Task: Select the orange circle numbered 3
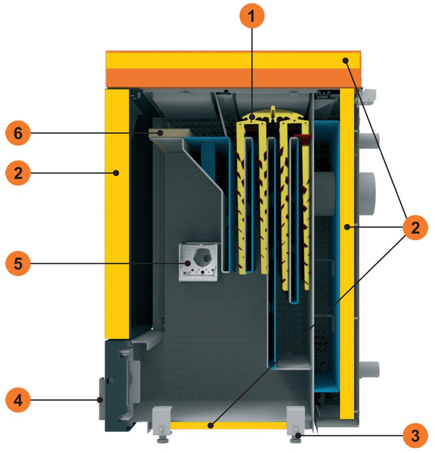(415, 435)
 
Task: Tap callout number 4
(18, 401)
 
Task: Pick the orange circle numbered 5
(18, 263)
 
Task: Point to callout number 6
(18, 134)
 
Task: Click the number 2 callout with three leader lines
(415, 228)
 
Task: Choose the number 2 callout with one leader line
(18, 174)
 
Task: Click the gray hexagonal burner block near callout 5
(199, 262)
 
